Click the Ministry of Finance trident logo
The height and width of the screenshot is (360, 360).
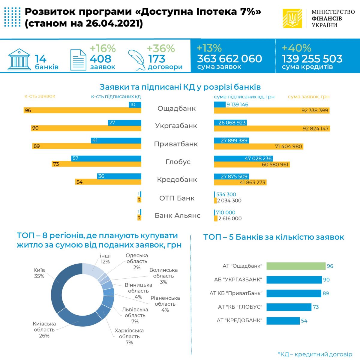tap(292, 18)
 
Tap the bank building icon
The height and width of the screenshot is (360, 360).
tap(19, 59)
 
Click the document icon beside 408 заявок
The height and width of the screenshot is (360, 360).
tap(78, 60)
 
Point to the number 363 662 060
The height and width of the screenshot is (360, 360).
tap(229, 59)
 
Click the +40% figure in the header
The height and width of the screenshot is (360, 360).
tap(296, 48)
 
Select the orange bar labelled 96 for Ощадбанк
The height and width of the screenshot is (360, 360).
tap(82, 110)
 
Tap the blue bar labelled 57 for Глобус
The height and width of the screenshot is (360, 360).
tap(106, 158)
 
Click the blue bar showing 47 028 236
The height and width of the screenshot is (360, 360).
tap(243, 158)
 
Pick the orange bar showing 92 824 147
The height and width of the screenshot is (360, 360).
tap(272, 129)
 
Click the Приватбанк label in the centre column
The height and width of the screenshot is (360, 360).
tap(176, 144)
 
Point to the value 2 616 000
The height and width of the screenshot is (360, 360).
tap(230, 218)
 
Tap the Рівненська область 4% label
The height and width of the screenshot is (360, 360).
tap(165, 304)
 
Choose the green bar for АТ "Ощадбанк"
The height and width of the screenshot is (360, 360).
tap(296, 266)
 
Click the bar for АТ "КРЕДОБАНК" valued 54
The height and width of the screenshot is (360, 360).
tap(283, 321)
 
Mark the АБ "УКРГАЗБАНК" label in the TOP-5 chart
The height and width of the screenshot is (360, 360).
tap(238, 280)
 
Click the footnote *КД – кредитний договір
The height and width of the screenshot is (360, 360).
tap(315, 354)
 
